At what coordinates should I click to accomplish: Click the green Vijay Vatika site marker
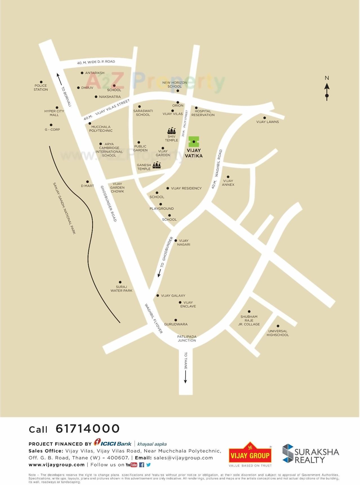point(194,142)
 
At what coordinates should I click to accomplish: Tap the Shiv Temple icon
point(172,131)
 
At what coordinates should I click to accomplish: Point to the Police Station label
point(41,88)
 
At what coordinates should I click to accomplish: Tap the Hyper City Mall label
point(54,113)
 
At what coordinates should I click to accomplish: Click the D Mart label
point(87,186)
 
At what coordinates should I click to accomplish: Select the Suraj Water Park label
point(121,289)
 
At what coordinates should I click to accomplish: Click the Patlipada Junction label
point(187,338)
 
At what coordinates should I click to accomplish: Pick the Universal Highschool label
point(278,333)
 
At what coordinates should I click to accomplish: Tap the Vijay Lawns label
point(267,122)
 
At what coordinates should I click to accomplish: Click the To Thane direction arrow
point(185,376)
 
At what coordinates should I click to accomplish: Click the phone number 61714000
point(88,429)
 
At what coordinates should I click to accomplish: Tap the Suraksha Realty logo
point(310,453)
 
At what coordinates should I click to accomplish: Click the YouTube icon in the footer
point(131,465)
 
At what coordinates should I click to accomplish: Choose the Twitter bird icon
point(148,465)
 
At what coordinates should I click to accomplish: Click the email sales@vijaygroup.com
point(183,458)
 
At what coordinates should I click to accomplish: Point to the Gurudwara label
point(176,324)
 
